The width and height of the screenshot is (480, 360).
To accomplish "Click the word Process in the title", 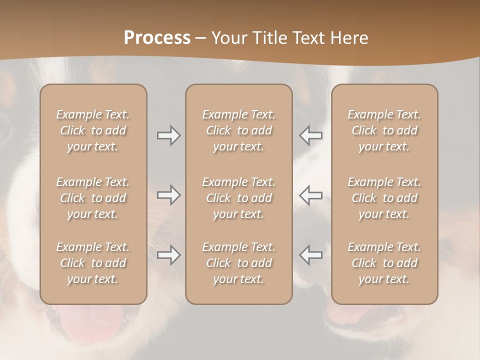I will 157,38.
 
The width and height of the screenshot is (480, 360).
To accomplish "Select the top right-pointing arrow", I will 169,135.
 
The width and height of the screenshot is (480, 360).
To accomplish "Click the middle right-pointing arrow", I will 169,195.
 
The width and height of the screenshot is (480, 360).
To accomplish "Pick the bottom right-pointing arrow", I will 169,255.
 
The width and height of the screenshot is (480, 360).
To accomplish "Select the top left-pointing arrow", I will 311,135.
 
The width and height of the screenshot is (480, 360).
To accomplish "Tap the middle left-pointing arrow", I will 311,195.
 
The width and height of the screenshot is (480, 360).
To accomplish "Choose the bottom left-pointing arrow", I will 311,255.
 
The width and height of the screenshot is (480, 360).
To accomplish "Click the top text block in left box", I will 93,130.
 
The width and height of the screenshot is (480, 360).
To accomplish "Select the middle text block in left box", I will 93,198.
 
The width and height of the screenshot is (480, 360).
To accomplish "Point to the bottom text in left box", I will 93,263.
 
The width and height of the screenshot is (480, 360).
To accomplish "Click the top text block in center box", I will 238,130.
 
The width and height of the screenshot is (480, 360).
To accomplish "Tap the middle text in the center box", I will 238,198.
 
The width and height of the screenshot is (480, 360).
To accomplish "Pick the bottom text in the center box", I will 238,263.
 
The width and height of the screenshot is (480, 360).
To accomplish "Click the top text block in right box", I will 384,130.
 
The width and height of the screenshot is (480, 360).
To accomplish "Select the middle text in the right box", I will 384,198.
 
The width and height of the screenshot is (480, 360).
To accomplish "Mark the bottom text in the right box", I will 384,263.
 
